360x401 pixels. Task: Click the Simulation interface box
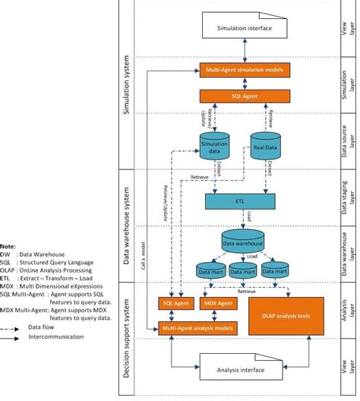(x=244, y=28)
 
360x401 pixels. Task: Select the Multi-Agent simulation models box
(x=243, y=70)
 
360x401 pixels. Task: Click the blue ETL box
(x=243, y=201)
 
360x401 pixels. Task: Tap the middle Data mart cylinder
(x=243, y=270)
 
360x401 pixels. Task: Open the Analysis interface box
(x=244, y=369)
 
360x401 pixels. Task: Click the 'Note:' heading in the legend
(x=8, y=247)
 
